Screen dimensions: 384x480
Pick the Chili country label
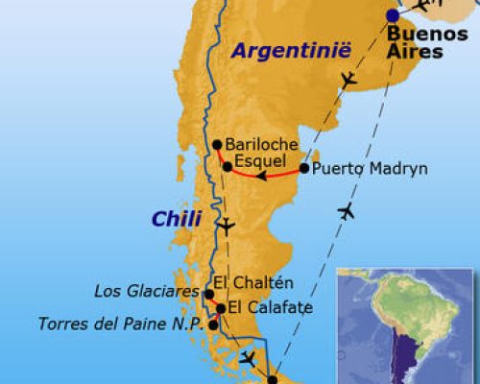click(x=177, y=220)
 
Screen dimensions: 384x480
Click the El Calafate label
click(x=264, y=308)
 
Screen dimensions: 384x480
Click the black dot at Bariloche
click(x=217, y=146)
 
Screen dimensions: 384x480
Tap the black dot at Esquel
click(x=227, y=166)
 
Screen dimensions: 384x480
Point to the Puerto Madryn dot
click(x=304, y=168)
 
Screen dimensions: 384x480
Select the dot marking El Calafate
click(x=220, y=309)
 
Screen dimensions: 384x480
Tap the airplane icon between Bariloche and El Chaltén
click(x=226, y=227)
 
